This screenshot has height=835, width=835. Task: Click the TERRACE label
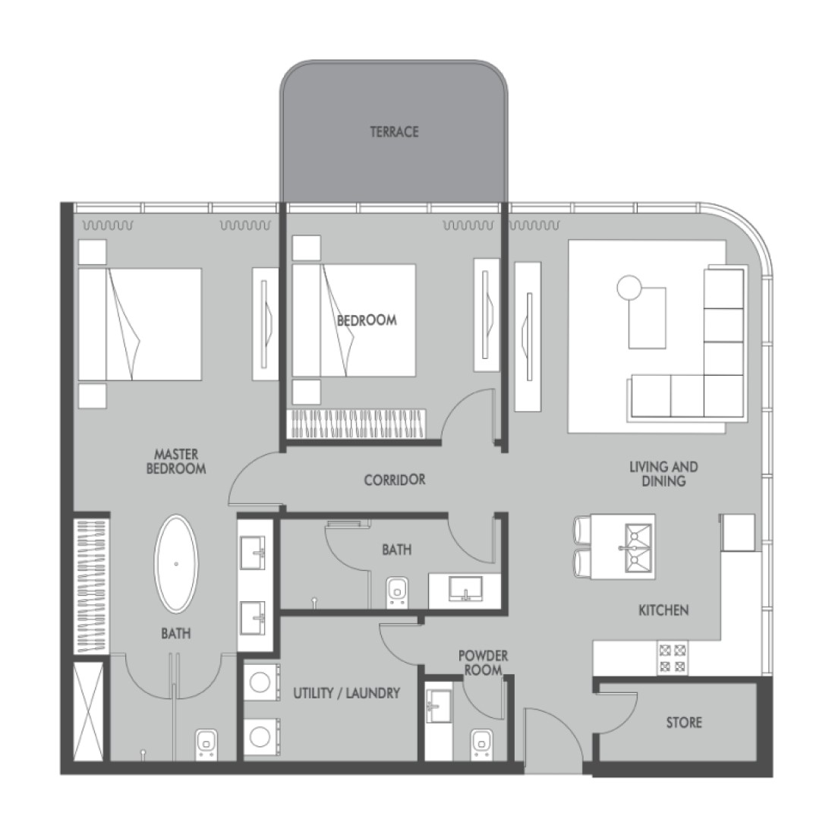tap(394, 132)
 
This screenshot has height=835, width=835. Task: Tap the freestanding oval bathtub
tap(177, 564)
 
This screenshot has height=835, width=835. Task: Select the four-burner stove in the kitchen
tap(673, 658)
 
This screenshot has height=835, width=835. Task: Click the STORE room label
tap(684, 723)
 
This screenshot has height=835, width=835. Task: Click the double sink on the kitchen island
tap(637, 547)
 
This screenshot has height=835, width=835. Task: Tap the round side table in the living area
tap(629, 288)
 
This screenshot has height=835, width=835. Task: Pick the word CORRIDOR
tap(395, 480)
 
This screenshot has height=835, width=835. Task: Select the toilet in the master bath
tap(206, 743)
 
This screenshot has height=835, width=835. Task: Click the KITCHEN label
tap(663, 610)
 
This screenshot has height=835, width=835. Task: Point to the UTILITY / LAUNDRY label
tap(347, 693)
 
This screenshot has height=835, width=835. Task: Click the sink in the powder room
tap(439, 706)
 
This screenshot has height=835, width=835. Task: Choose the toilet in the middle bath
tap(395, 590)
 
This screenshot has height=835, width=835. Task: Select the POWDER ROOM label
tap(484, 663)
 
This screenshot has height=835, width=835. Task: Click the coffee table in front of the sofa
tap(647, 317)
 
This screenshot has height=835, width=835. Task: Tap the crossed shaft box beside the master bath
tap(89, 710)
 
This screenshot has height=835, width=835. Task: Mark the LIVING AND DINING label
tap(663, 474)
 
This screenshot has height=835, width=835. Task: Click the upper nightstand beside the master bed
tap(92, 251)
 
